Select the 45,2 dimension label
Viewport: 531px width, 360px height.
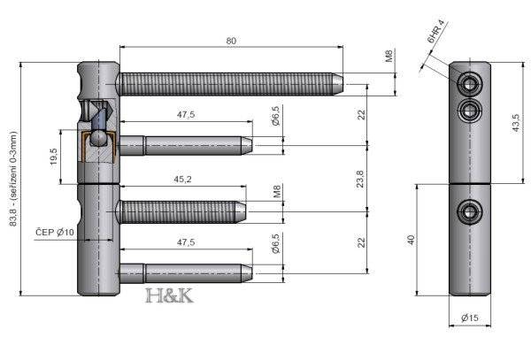pyautogui.click(x=185, y=180)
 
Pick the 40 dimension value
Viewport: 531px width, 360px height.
pyautogui.click(x=413, y=241)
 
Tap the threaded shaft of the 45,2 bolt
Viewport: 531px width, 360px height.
pyautogui.click(x=177, y=212)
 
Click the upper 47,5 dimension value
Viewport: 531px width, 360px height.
pyautogui.click(x=185, y=115)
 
